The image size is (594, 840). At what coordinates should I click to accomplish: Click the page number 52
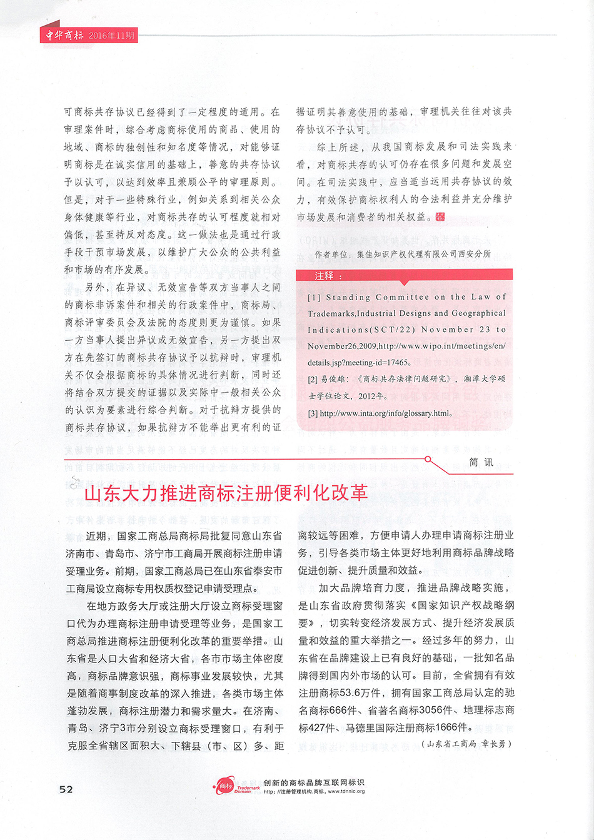click(x=66, y=789)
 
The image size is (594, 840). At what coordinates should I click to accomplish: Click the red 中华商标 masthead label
click(x=64, y=35)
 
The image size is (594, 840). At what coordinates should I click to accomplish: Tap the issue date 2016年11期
click(x=111, y=36)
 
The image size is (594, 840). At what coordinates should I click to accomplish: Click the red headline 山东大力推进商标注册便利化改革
click(x=226, y=493)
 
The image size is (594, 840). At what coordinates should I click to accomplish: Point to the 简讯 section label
click(x=481, y=462)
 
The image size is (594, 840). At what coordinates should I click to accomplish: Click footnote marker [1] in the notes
click(x=314, y=298)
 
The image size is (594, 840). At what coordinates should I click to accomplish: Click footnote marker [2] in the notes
click(x=313, y=379)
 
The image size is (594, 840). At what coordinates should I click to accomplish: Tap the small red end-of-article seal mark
click(x=440, y=216)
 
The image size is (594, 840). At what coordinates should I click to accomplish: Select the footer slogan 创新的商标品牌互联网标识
click(x=314, y=782)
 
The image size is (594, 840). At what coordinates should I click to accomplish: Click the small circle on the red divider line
click(x=428, y=459)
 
